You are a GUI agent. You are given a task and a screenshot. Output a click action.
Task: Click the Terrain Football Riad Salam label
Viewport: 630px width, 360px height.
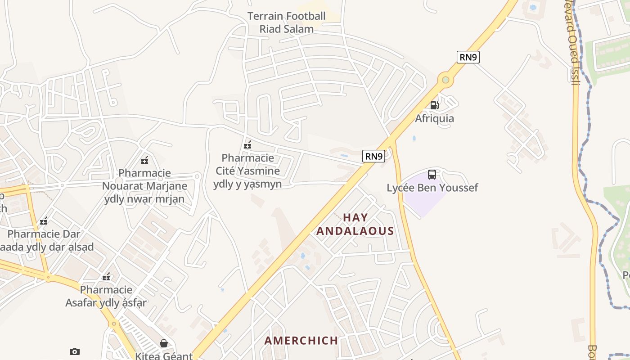coord(286,22)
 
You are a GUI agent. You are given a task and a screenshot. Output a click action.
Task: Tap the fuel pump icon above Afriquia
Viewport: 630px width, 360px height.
coord(434,105)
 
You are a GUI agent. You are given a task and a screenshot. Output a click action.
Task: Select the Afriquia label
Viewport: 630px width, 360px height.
coord(434,118)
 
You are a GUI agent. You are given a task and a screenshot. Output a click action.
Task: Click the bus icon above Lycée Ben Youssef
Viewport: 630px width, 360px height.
coord(432,175)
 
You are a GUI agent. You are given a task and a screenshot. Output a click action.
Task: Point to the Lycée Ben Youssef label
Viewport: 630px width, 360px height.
coord(432,188)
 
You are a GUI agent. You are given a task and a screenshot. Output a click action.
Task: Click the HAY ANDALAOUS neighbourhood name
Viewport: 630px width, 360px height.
coord(355,224)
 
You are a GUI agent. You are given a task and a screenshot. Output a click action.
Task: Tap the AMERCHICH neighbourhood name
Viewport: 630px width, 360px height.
coord(301,341)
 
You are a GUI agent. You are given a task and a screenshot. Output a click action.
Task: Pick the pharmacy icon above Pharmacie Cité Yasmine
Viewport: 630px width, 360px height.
coord(247,145)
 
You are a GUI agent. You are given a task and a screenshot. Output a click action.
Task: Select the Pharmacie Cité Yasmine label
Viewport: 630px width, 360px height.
coord(247,171)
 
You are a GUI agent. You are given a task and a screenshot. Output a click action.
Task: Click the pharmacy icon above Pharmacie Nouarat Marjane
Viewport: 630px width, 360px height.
coord(144,160)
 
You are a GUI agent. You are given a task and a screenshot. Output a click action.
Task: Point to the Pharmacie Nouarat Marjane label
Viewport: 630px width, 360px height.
coord(144,186)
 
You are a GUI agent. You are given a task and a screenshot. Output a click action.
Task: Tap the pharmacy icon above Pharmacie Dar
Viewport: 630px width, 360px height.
coord(44,221)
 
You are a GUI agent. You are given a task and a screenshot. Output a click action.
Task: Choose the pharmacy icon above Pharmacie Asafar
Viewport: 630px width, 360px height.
coord(106,277)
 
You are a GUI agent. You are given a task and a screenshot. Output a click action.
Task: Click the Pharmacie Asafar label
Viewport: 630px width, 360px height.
coord(106,296)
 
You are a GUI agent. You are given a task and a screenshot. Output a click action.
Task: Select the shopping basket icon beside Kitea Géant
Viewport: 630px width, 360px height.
coord(164,344)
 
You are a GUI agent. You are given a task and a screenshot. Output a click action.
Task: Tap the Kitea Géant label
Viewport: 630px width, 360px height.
coord(164,356)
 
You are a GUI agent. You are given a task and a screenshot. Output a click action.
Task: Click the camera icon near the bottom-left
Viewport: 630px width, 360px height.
coord(75,351)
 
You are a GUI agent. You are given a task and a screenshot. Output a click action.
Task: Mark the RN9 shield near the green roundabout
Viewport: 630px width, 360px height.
coord(468,57)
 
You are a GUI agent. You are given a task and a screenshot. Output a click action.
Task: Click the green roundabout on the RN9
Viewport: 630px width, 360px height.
coord(445,80)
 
